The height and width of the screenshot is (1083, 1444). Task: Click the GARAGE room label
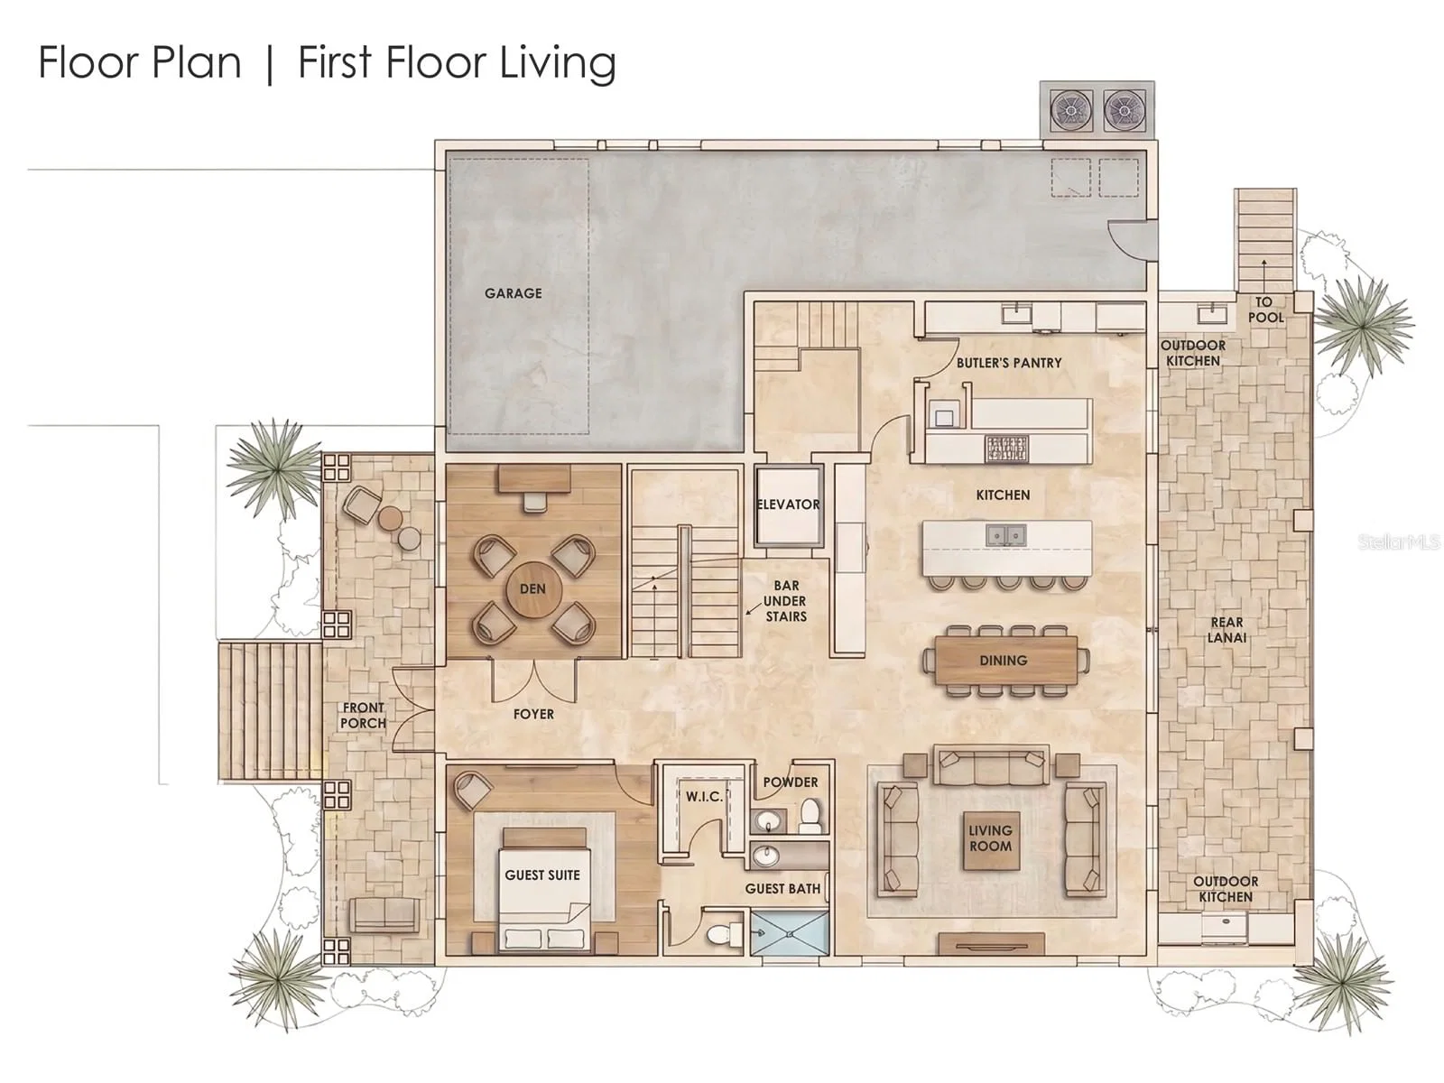click(514, 293)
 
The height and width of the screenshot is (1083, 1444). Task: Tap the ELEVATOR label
click(788, 504)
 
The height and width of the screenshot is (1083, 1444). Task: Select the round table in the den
click(532, 589)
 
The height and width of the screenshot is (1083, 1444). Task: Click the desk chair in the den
click(534, 502)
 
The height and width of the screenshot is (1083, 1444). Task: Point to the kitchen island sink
click(1006, 535)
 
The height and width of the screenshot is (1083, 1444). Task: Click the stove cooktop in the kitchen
click(1006, 448)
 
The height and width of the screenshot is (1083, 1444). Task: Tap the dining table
click(1004, 661)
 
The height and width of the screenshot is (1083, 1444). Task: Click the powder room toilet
click(810, 815)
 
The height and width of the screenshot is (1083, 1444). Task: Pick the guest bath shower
click(790, 931)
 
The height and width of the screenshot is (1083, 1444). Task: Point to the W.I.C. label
click(705, 797)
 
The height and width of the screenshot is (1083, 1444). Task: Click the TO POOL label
click(1264, 310)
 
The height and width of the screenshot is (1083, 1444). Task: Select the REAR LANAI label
click(1226, 629)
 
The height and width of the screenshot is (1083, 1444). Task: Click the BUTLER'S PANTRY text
click(1008, 363)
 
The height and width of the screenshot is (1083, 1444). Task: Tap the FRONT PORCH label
click(363, 715)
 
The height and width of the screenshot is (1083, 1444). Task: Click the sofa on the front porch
click(384, 914)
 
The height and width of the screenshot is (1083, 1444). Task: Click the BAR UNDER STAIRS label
click(785, 601)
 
